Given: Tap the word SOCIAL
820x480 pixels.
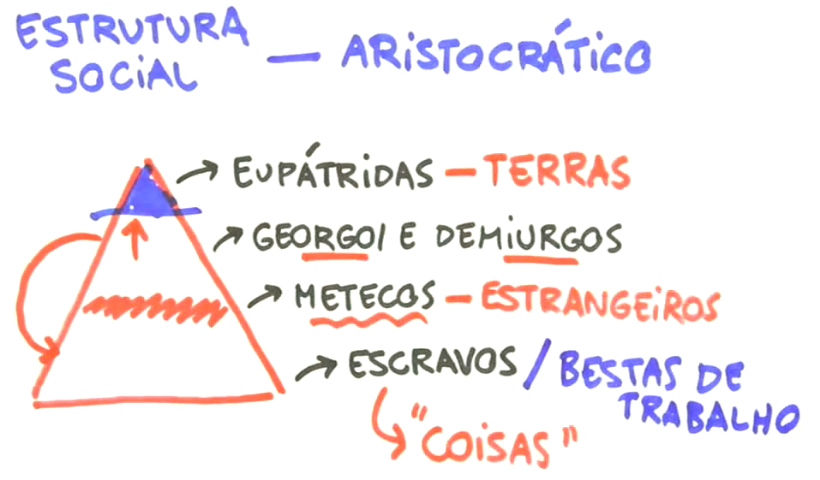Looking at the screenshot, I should pos(123,78).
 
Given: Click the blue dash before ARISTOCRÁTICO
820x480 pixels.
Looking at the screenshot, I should pos(292,59).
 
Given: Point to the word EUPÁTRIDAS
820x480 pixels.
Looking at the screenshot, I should pos(332,174).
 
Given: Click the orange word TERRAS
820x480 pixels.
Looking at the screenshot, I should pos(557,172).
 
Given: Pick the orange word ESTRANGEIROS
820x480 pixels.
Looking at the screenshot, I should pos(599,300).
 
